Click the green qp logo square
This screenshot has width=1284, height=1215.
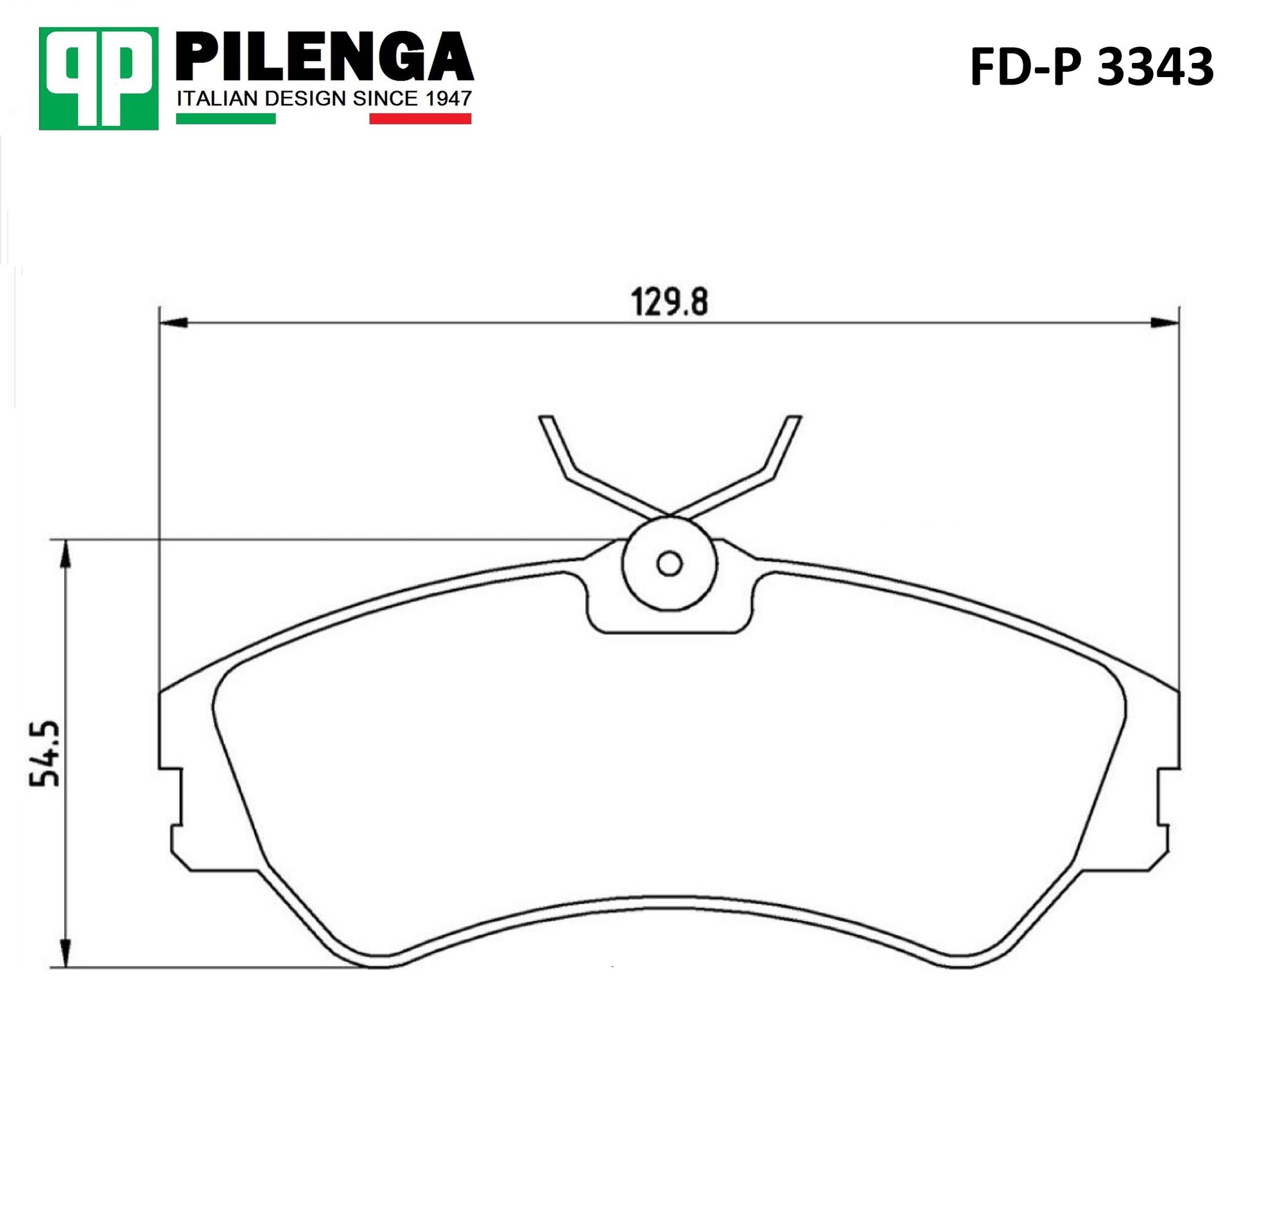(x=98, y=78)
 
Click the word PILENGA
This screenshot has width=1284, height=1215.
(x=325, y=57)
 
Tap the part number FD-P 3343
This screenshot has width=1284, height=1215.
(x=1091, y=67)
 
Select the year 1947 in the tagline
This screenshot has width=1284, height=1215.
(x=449, y=98)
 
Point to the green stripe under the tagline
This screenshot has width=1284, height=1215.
(x=226, y=119)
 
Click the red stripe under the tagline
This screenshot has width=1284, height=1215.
(x=421, y=119)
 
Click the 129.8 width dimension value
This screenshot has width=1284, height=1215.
(x=670, y=302)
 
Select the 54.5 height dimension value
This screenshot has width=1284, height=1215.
(x=45, y=753)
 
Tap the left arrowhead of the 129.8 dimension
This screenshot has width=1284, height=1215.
(x=173, y=322)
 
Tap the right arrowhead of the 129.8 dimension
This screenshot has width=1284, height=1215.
(x=1164, y=322)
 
